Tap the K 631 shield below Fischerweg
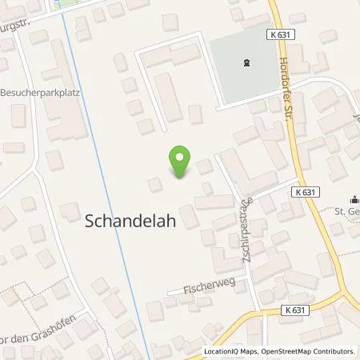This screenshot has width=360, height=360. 298,310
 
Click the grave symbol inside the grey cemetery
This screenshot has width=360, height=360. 246,61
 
